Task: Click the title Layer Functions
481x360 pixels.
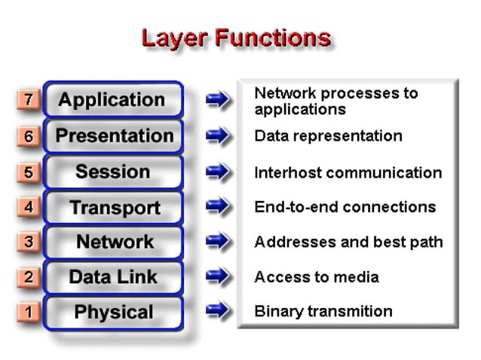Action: point(236,38)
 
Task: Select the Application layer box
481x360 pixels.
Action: point(113,99)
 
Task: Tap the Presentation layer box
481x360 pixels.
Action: point(114,136)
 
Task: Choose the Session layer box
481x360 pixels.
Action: point(113,172)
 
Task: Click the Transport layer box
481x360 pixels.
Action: point(114,207)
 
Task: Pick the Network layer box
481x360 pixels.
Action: point(114,242)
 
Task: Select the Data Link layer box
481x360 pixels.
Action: point(113,277)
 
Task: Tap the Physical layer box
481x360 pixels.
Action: point(113,312)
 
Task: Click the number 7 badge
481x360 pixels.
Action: point(28,100)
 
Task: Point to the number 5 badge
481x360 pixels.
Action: point(28,172)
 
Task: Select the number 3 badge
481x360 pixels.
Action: point(28,243)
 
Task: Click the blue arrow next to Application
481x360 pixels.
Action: point(218,100)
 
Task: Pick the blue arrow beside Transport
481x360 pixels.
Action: point(218,207)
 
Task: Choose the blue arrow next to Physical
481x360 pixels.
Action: point(218,311)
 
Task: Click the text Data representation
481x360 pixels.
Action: point(328,136)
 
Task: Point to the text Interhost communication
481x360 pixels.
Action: point(348,172)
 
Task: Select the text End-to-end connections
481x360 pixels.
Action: point(345,207)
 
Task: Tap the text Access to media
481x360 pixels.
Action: point(316,277)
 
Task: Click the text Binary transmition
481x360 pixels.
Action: point(323,311)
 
